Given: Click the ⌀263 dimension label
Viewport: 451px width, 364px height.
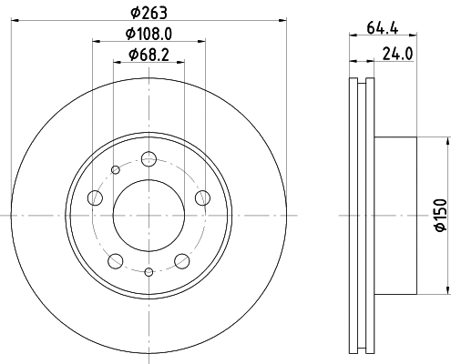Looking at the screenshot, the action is [x=149, y=13].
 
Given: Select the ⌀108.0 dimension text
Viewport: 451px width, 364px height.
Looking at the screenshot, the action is [x=149, y=34].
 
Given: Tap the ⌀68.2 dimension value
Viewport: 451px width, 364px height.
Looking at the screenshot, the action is [x=149, y=56].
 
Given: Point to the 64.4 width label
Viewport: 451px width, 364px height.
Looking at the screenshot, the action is [x=383, y=28].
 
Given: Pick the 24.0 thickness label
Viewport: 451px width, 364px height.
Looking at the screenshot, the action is [x=397, y=55].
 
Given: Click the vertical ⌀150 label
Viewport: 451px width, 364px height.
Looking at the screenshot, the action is [x=441, y=215].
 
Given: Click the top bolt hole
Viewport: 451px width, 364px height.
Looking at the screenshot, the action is [x=149, y=158].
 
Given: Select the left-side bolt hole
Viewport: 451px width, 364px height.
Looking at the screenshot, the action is [x=95, y=198].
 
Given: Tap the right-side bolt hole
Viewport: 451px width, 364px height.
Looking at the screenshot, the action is [x=202, y=198].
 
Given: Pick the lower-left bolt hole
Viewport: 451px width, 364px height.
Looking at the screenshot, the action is [x=116, y=261].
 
